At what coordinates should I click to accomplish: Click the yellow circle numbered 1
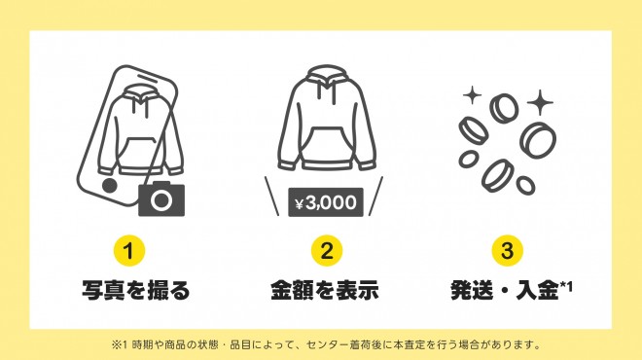click(x=129, y=251)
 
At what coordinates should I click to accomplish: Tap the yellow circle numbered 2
click(x=326, y=251)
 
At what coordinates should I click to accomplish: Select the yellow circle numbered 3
click(x=508, y=251)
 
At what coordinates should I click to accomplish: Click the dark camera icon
click(x=161, y=199)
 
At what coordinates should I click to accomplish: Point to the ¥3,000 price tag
click(x=326, y=202)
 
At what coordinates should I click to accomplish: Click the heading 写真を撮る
click(x=136, y=290)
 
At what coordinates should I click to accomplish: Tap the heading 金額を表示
click(x=325, y=290)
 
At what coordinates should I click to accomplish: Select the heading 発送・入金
click(x=505, y=290)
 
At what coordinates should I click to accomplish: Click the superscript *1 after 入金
click(x=566, y=287)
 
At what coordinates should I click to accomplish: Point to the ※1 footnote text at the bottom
click(x=326, y=344)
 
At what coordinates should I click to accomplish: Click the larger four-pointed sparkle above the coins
click(x=540, y=102)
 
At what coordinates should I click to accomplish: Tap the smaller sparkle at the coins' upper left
click(x=473, y=95)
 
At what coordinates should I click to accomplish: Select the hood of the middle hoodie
click(x=326, y=79)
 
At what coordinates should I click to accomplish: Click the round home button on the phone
click(x=109, y=186)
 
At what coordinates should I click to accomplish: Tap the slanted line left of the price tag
click(x=271, y=197)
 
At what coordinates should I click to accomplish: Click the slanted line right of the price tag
click(x=375, y=197)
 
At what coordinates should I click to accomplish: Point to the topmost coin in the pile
click(x=505, y=108)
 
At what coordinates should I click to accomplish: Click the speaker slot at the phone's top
click(x=151, y=78)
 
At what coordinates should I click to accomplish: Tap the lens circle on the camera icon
click(x=161, y=200)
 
